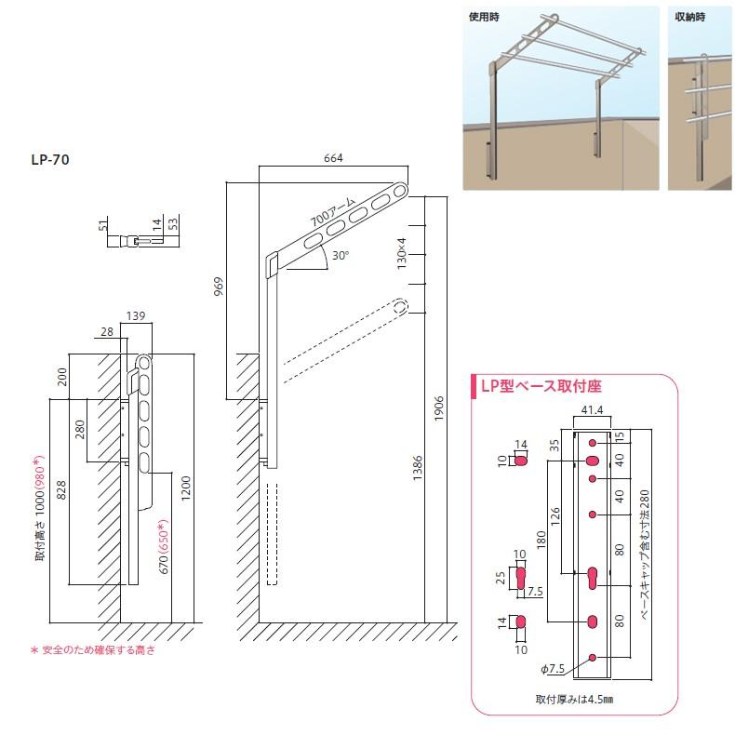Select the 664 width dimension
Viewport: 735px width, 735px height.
coord(334,158)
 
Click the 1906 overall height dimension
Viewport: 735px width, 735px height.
coord(439,407)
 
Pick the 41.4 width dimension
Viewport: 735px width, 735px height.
coord(592,411)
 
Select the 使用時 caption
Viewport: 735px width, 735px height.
coord(486,18)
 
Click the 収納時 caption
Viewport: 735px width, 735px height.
coord(691,18)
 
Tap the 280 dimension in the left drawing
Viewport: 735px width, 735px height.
coord(80,429)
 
